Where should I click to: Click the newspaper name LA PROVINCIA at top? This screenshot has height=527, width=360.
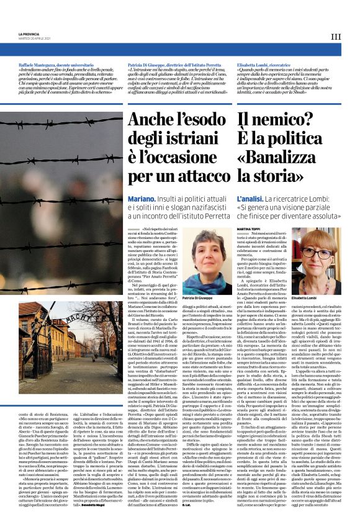[x=27, y=33]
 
